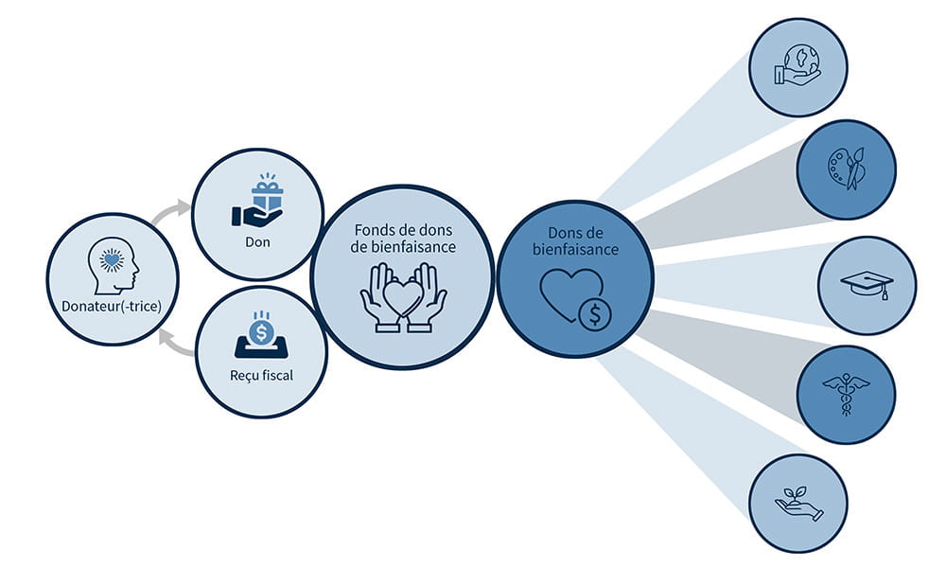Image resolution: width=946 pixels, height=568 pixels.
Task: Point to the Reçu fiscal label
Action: pyautogui.click(x=262, y=375)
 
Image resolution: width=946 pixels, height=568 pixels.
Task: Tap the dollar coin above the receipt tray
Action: pyautogui.click(x=262, y=332)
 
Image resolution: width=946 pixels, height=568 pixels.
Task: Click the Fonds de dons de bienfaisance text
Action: pyautogui.click(x=403, y=239)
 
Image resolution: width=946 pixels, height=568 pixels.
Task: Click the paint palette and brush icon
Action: pyautogui.click(x=846, y=169)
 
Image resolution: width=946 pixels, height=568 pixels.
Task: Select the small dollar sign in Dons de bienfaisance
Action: pyautogui.click(x=595, y=315)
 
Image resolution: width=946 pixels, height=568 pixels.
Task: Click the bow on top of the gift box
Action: pyautogui.click(x=268, y=179)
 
